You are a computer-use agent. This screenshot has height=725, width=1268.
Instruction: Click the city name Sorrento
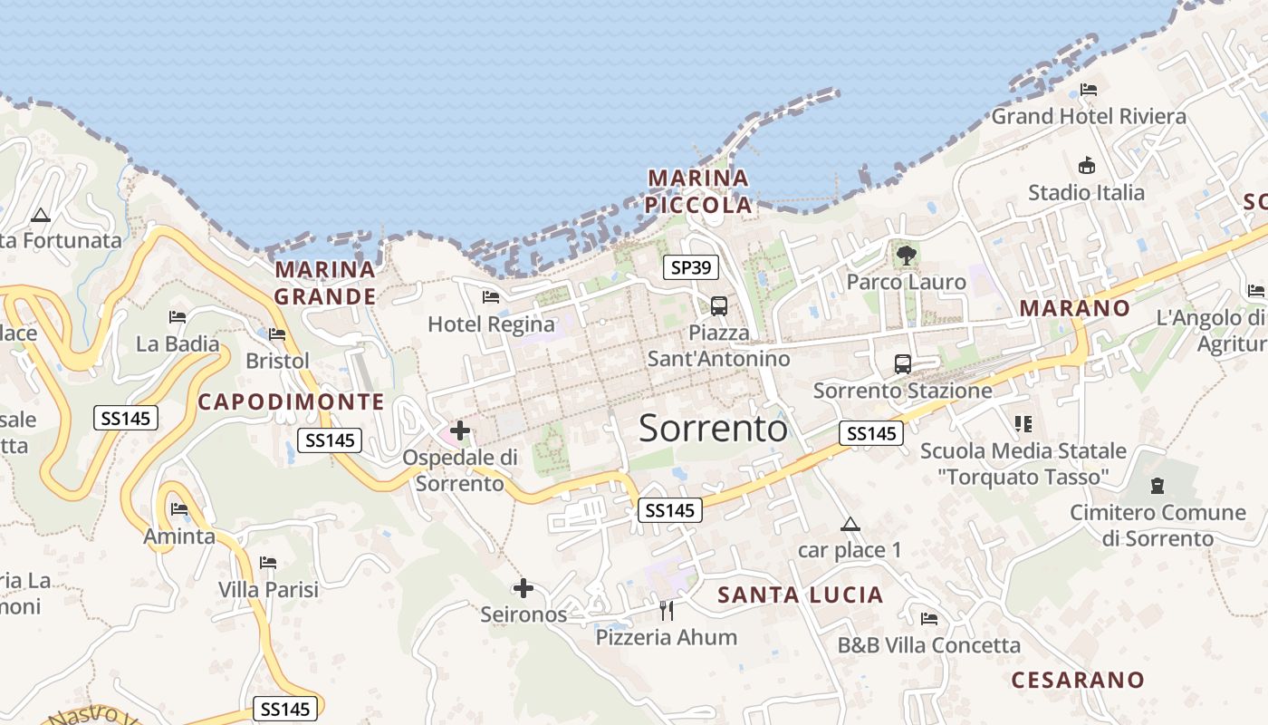(x=713, y=428)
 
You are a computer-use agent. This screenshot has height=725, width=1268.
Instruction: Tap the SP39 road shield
(x=691, y=267)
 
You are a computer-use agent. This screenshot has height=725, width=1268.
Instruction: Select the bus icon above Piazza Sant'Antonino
(x=718, y=305)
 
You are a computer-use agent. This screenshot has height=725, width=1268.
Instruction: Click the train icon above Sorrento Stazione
(x=902, y=364)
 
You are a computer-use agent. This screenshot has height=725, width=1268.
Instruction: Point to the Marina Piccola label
(x=698, y=191)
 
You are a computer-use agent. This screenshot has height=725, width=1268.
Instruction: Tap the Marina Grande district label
(x=325, y=283)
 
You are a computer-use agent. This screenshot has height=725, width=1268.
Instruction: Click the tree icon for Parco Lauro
(x=906, y=256)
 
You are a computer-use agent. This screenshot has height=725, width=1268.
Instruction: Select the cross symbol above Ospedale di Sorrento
(x=460, y=430)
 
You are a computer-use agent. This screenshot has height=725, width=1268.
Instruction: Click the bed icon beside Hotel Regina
(x=491, y=296)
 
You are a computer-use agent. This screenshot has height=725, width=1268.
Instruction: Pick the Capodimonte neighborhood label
(x=291, y=401)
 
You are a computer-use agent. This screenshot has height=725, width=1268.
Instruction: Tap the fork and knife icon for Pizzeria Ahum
(x=667, y=610)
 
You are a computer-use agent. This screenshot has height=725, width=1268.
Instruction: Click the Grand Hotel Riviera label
(x=1089, y=116)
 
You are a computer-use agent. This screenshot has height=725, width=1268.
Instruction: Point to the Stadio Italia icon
(x=1087, y=166)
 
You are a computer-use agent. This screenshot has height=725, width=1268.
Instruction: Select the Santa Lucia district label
(x=800, y=594)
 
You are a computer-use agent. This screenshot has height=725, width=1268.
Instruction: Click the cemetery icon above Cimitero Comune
(x=1158, y=485)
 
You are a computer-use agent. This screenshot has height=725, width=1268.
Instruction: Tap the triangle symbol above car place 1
(x=850, y=524)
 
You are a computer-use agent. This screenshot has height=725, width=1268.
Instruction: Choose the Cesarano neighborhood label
(x=1078, y=680)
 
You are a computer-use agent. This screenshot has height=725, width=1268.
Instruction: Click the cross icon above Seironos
(x=523, y=588)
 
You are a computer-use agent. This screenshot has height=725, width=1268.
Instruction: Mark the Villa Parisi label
(x=268, y=589)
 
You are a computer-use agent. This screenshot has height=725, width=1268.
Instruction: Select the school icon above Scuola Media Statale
(x=1023, y=423)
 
